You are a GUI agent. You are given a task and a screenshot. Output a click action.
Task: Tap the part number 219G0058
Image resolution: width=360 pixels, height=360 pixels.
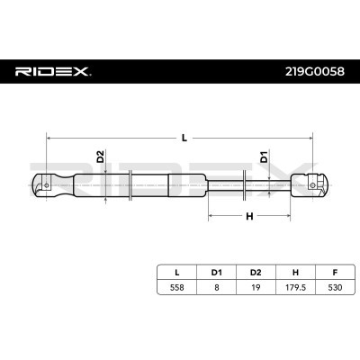(315, 72)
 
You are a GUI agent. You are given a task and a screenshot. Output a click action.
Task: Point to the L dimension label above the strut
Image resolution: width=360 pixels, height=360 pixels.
(184, 138)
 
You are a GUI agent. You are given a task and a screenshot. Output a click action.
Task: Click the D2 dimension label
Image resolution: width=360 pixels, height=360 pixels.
(100, 157)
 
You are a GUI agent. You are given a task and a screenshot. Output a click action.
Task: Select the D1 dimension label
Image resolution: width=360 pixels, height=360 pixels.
(264, 157)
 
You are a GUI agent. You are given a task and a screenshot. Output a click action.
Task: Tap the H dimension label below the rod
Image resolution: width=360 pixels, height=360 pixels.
(249, 216)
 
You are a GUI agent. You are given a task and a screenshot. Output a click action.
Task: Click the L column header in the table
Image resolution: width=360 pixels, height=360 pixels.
(177, 273)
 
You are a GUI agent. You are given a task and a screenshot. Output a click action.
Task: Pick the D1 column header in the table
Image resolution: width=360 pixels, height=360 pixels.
(216, 273)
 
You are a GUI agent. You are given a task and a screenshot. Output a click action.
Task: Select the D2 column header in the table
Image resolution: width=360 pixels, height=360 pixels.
(256, 273)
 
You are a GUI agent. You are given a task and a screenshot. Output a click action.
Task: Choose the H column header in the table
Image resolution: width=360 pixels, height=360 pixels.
(295, 273)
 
